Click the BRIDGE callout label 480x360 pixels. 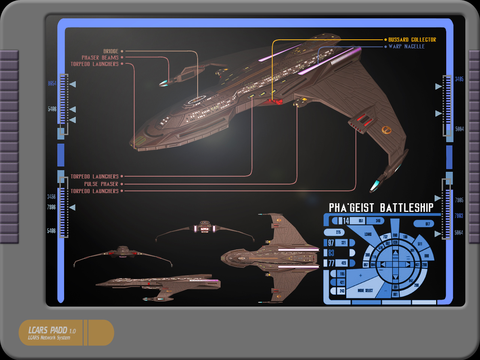point(111,51)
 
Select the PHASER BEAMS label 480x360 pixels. point(100,57)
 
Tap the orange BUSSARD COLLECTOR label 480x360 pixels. point(412,39)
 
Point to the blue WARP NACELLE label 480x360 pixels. point(406,46)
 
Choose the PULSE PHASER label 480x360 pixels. point(101,184)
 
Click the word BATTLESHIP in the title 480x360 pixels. point(406,208)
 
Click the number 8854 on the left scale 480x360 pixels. point(52,83)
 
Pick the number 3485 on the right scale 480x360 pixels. point(459,79)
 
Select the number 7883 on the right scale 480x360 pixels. point(459,216)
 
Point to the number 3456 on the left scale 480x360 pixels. point(51,196)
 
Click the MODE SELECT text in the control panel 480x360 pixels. point(365,291)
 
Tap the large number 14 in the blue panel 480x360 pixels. point(346,221)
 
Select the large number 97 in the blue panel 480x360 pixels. point(331,243)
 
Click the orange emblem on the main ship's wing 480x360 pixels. point(386,130)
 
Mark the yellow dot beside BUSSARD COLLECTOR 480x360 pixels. point(385,39)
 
